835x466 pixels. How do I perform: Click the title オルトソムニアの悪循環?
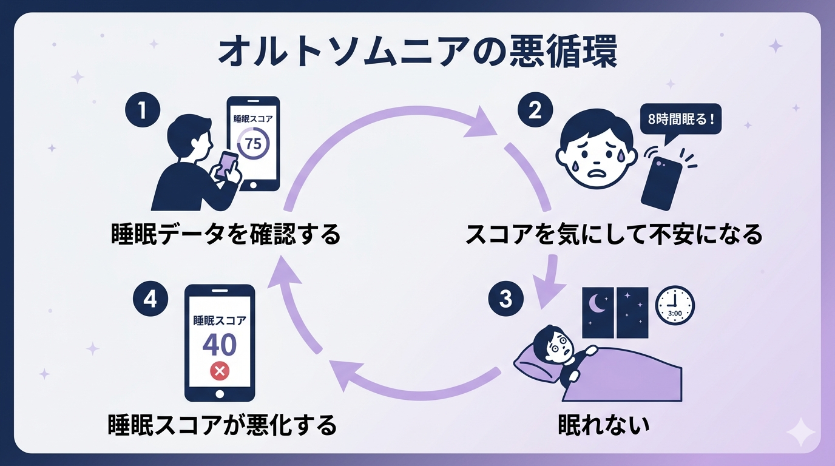(x=417, y=53)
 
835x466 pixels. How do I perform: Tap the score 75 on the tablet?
(x=253, y=144)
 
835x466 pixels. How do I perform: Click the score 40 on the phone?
(x=219, y=345)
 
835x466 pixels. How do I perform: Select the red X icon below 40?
(x=219, y=371)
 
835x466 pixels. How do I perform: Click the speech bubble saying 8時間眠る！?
(x=681, y=119)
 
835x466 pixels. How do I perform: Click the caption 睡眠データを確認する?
(x=226, y=235)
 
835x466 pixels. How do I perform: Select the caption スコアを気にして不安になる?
(x=614, y=235)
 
